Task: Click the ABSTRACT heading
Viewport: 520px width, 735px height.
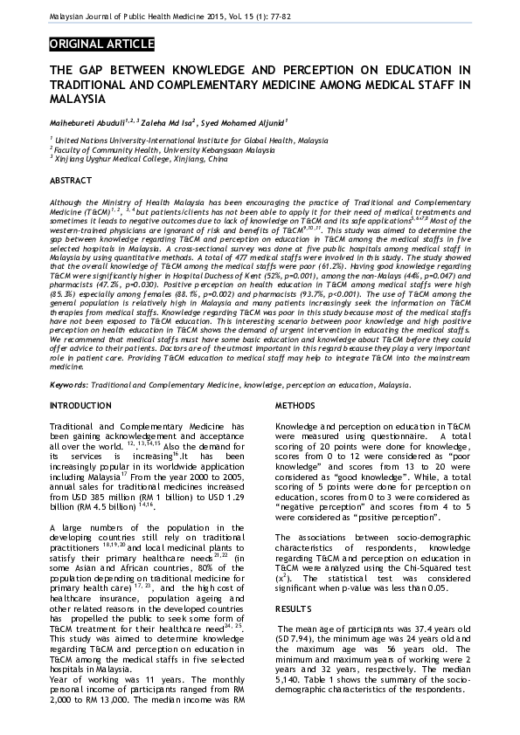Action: (x=71, y=181)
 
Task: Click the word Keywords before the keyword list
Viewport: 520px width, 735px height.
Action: (x=67, y=385)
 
